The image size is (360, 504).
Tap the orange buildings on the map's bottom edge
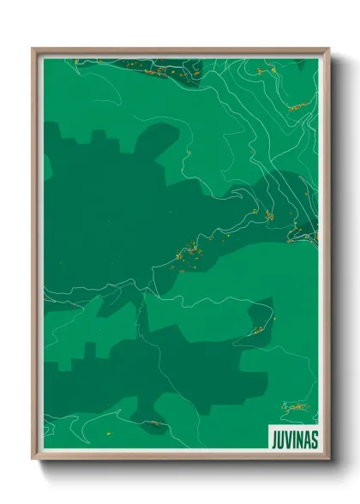pyautogui.click(x=153, y=423)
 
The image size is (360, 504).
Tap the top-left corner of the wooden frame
pyautogui.click(x=35, y=50)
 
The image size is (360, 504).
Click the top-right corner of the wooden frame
pyautogui.click(x=327, y=50)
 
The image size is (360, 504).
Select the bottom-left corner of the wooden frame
pyautogui.click(x=35, y=459)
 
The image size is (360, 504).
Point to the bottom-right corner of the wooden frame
pyautogui.click(x=327, y=459)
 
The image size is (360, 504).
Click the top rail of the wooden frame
pyautogui.click(x=180, y=51)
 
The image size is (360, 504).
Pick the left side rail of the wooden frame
pyautogui.click(x=36, y=257)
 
